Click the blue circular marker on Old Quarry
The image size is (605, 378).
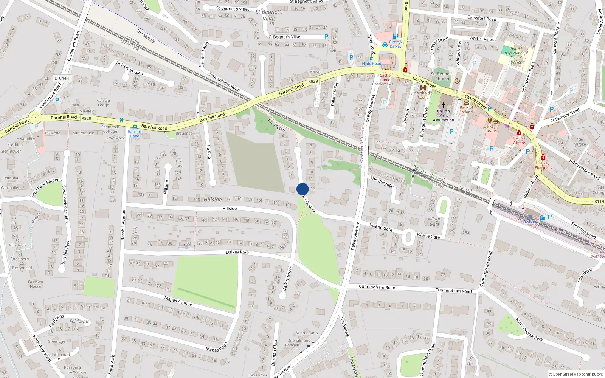pos(302,189)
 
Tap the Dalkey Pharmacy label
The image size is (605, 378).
pos(543,166)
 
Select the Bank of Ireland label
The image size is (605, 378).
pos(466,110)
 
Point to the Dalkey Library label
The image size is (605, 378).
pos(489,129)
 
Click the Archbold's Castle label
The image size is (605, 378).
pos(423,95)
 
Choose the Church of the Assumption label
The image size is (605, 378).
pos(444,116)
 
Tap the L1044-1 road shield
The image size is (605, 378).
pos(62,78)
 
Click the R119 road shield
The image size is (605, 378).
pos(599,201)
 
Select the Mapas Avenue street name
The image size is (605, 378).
pos(178,301)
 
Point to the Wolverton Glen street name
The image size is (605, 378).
pos(129,68)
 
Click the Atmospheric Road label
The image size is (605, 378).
pos(224,82)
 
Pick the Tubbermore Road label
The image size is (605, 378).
pos(584,169)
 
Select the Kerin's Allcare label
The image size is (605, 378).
pos(519,140)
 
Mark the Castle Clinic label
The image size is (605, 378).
pos(385,77)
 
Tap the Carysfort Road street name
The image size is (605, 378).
pos(481,18)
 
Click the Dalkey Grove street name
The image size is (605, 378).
pos(287,279)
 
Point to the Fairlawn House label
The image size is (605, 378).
pos(36,284)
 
